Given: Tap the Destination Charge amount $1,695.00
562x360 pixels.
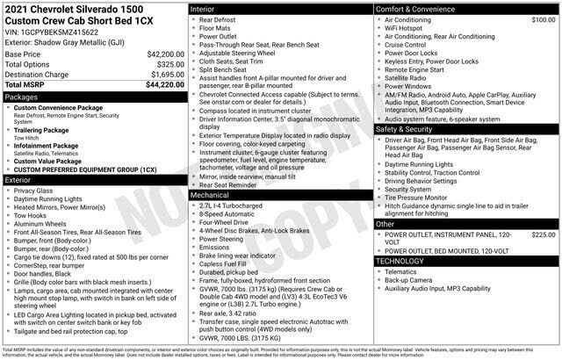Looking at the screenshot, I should coord(162,75).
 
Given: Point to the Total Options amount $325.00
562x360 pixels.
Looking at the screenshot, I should coord(166,65).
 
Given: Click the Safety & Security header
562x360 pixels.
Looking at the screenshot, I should coord(407,129).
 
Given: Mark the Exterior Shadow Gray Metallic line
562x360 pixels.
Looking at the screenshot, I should coord(68,41).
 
